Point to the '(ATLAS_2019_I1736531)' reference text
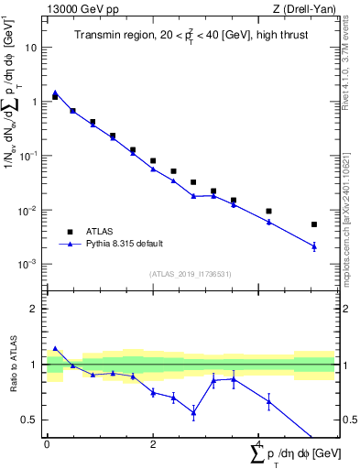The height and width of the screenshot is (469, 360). pos(191,274)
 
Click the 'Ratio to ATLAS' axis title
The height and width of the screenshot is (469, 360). pos(15,364)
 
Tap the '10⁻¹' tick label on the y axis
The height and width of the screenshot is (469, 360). pos(29,156)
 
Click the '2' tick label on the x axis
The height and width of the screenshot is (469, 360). pos(153,444)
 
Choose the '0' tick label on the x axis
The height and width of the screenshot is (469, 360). pos(47,444)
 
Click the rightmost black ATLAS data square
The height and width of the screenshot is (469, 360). pos(314,224)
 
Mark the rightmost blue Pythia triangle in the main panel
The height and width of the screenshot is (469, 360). pos(314,245)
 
